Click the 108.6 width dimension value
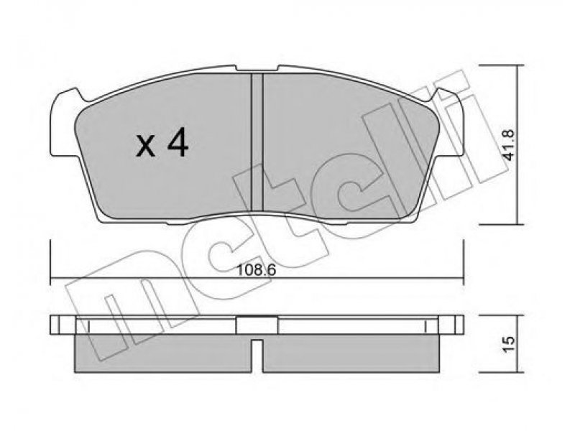point(257,271)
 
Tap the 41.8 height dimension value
point(510,144)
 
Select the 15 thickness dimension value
point(510,345)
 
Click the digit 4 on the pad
point(178,144)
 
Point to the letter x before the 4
point(146,147)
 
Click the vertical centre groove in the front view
point(257,142)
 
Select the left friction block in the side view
point(163,353)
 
